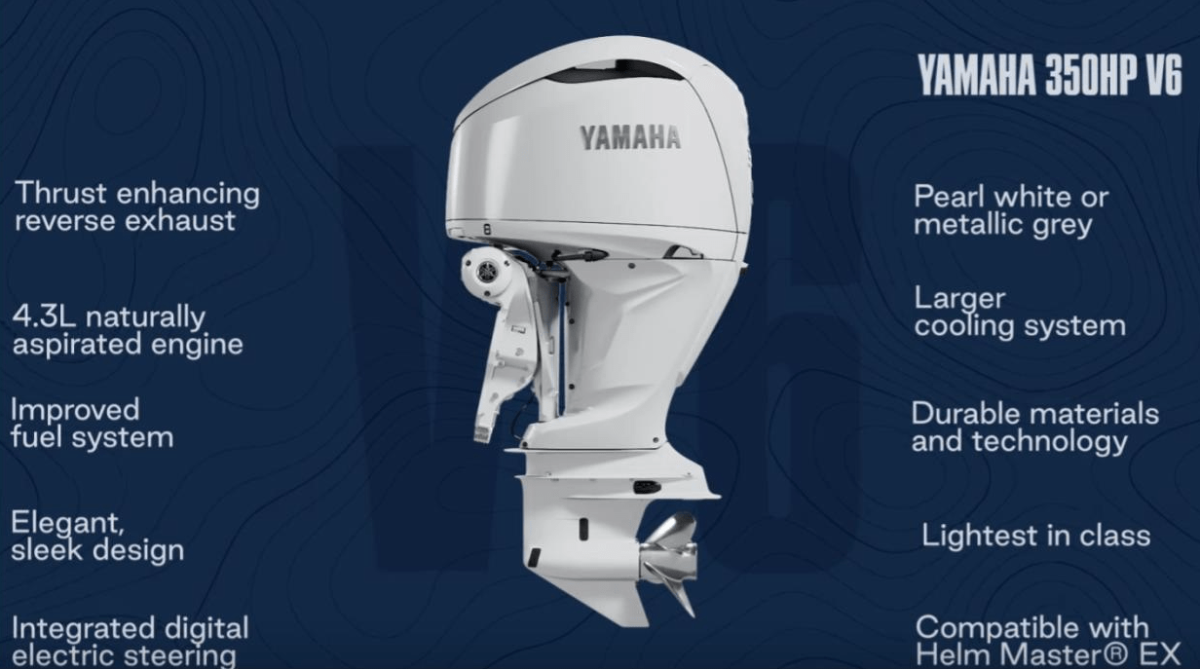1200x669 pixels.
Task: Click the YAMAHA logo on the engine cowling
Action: (630, 137)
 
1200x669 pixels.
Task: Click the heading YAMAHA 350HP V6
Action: (1049, 75)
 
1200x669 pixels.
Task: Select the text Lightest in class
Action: (1035, 535)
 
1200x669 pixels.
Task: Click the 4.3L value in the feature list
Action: (41, 317)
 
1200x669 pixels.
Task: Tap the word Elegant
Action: (67, 524)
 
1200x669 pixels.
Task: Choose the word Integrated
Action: (81, 627)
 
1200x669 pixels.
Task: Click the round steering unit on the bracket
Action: (484, 269)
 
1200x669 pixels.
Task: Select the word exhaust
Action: (180, 221)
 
